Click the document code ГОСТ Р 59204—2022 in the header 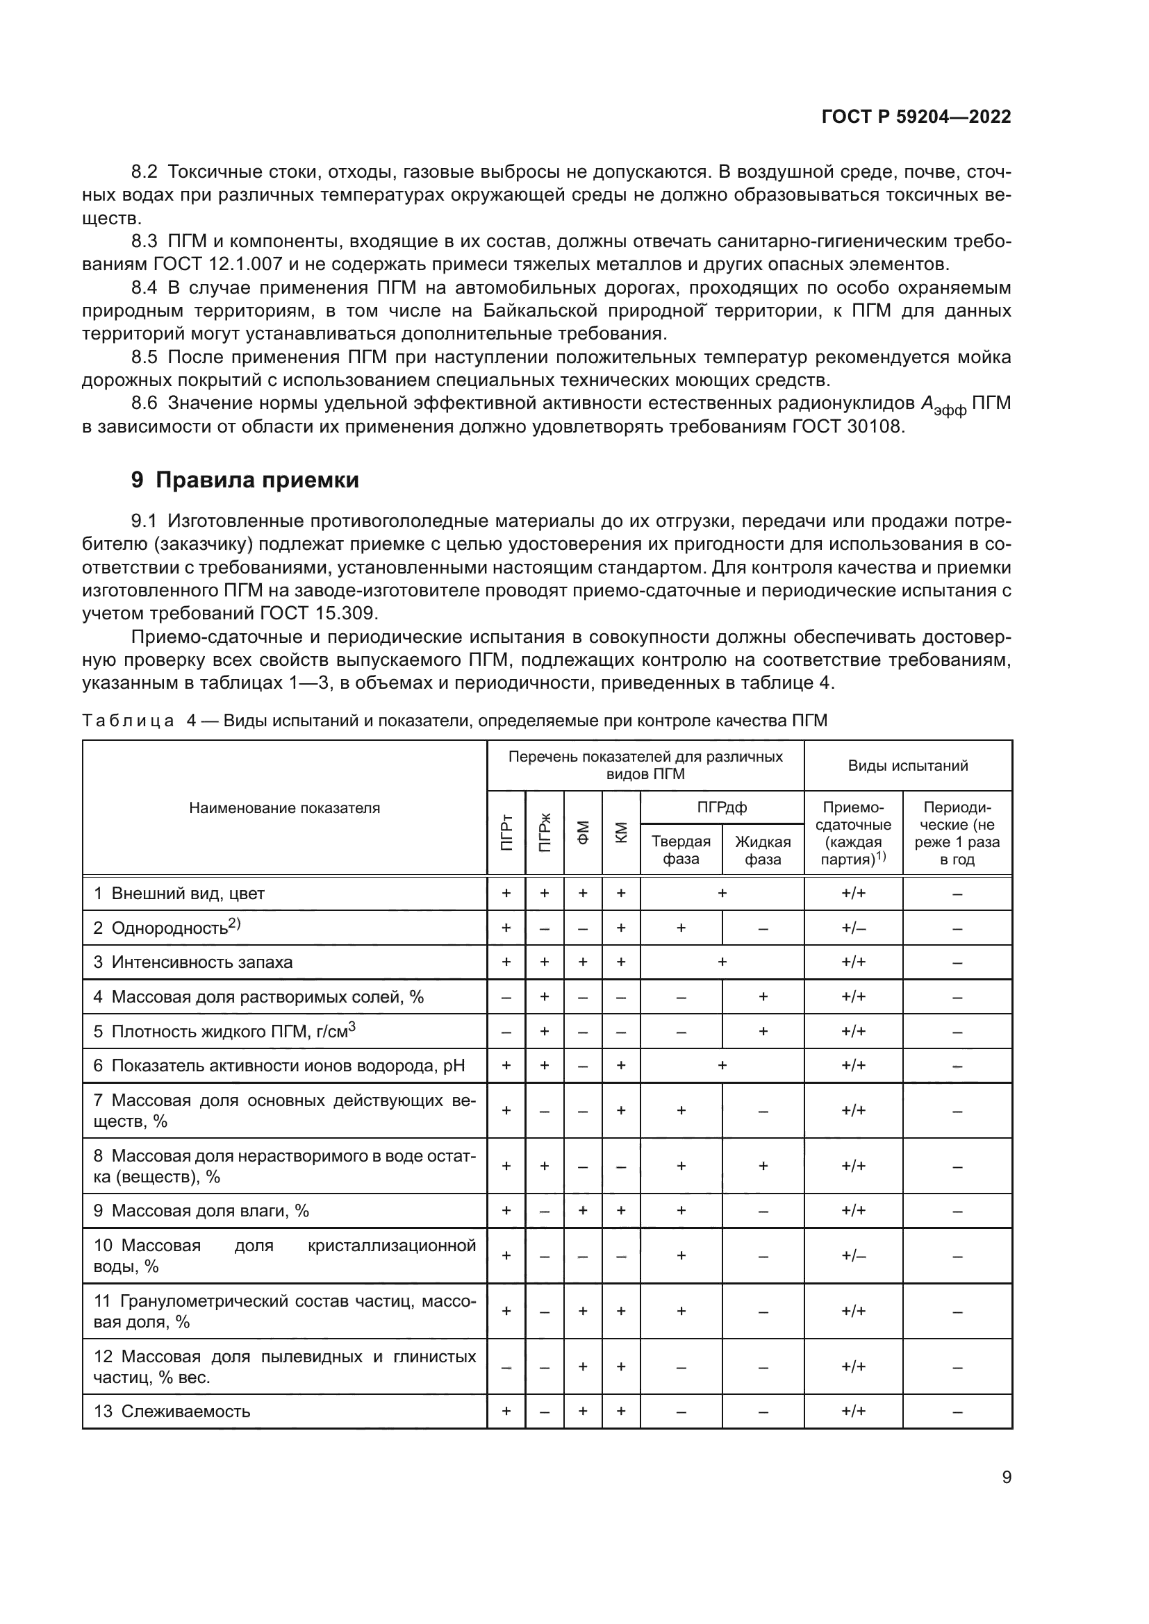[x=916, y=117]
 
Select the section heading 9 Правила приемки [x=245, y=480]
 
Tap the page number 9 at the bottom [x=1006, y=1477]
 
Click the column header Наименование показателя [x=284, y=807]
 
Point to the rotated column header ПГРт [x=506, y=832]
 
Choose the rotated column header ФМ [x=583, y=832]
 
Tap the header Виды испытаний [x=908, y=765]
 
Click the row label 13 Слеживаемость [x=172, y=1411]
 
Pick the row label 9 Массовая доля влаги [x=201, y=1210]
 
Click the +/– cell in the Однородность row [x=853, y=928]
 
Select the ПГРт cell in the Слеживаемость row [x=506, y=1411]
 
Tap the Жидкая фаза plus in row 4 [x=763, y=996]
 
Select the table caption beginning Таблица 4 [x=454, y=721]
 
